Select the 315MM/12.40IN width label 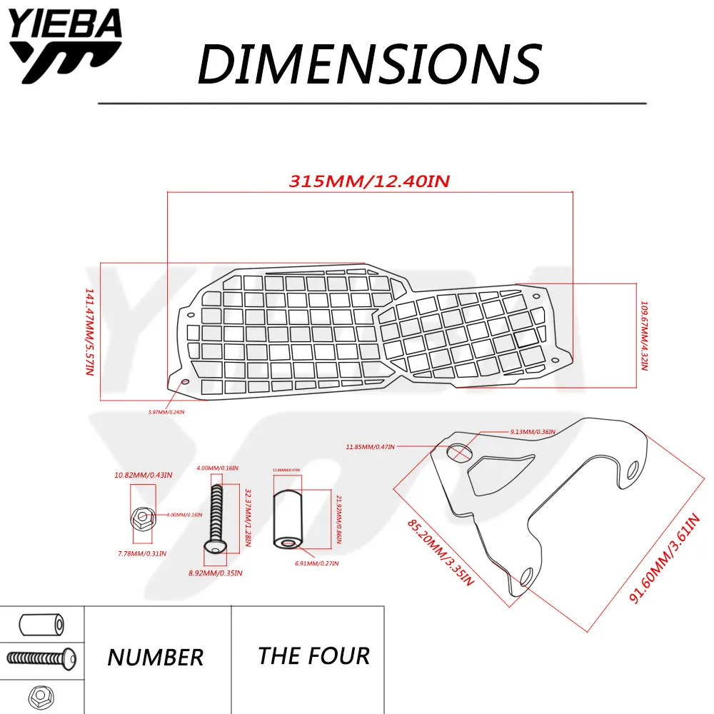[368, 181]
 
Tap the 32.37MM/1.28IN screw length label [247, 508]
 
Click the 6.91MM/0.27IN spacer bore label [316, 563]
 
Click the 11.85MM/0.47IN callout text [370, 447]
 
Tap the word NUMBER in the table [156, 657]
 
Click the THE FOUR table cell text [314, 655]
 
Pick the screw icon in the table [42, 656]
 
